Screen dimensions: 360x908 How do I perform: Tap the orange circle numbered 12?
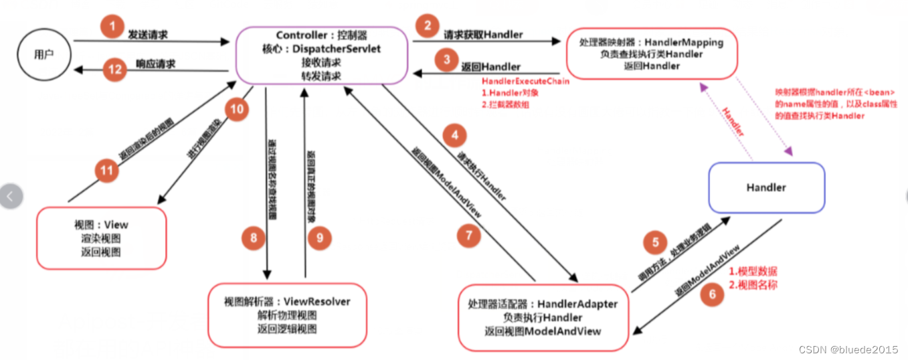coord(114,68)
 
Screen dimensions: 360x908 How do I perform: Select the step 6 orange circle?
coord(712,294)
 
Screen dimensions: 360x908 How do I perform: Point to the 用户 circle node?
coord(44,54)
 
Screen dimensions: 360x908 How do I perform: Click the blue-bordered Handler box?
coord(766,187)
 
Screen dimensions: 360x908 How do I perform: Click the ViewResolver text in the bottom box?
coord(317,302)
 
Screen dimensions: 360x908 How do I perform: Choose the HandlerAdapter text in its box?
coord(577,304)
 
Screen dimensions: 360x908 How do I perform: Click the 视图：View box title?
coord(101,224)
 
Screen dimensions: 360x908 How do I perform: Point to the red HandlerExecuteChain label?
coord(525,81)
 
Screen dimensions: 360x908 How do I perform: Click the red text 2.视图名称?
coord(753,285)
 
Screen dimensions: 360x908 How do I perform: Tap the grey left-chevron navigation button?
coord(11,197)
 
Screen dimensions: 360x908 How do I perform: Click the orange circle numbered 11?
coord(106,171)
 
